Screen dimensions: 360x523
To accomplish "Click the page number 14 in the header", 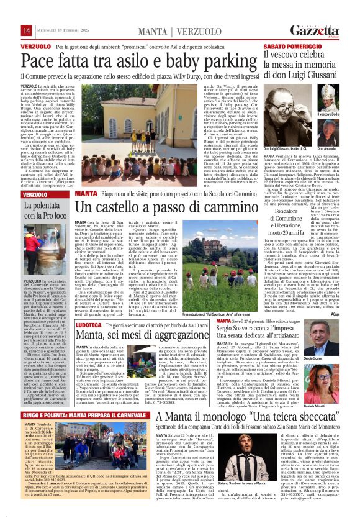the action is [26, 30].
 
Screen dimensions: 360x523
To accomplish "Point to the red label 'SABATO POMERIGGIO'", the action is [288, 47].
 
